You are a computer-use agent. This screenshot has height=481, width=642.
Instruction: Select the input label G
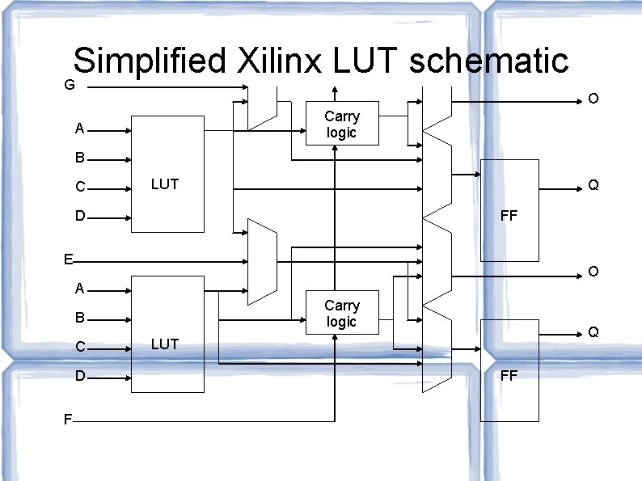(70, 85)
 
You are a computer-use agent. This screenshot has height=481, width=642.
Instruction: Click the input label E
(70, 259)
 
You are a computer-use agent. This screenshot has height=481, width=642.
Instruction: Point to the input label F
(69, 420)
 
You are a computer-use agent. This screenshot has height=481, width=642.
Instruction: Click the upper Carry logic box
(342, 124)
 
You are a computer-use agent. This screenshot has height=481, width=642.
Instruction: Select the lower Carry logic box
(342, 313)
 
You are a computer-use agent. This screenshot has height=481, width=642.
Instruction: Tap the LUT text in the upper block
(165, 184)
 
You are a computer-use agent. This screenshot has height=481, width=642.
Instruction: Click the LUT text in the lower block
(165, 344)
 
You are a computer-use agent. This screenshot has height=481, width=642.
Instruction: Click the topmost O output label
(593, 99)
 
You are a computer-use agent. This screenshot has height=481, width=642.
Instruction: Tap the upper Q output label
(593, 186)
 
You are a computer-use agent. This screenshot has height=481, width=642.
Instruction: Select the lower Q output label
(593, 332)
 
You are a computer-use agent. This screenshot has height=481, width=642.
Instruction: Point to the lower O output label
(593, 272)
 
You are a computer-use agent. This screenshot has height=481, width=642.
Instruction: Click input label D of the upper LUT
(80, 217)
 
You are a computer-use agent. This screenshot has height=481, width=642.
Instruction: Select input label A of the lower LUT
(79, 289)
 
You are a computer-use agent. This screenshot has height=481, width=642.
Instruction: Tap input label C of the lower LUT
(80, 348)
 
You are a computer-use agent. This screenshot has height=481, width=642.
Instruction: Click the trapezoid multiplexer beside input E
(262, 261)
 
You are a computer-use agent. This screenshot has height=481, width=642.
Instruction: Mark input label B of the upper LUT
(79, 158)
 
